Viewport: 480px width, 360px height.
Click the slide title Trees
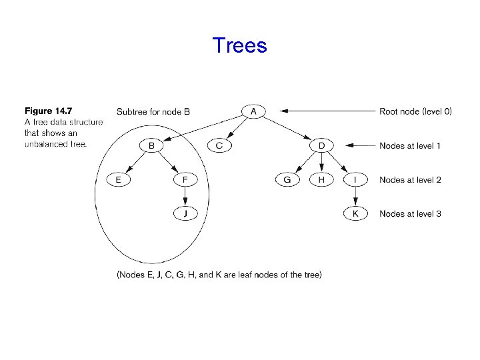click(x=239, y=45)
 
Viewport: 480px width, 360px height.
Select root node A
click(x=253, y=111)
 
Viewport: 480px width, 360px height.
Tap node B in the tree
click(x=152, y=145)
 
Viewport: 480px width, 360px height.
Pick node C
click(x=219, y=145)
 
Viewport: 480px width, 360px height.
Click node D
click(x=321, y=145)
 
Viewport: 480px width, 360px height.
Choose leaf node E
click(x=119, y=179)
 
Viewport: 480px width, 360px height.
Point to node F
click(x=186, y=179)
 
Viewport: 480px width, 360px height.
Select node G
click(x=287, y=179)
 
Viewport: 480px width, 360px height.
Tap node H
click(x=321, y=179)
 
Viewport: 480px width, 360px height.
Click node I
click(x=355, y=179)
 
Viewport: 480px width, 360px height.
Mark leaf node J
click(x=186, y=213)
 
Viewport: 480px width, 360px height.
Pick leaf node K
click(x=355, y=213)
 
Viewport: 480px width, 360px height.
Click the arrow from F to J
click(x=186, y=197)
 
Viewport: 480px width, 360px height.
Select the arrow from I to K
click(x=355, y=197)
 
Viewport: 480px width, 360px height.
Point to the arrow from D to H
click(x=321, y=163)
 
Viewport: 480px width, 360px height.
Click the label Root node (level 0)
click(x=415, y=111)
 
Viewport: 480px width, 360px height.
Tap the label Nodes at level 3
click(x=410, y=213)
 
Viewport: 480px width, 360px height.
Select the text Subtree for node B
click(x=153, y=111)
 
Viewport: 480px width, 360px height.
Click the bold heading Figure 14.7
click(x=49, y=111)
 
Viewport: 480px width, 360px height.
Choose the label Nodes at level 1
click(x=410, y=145)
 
